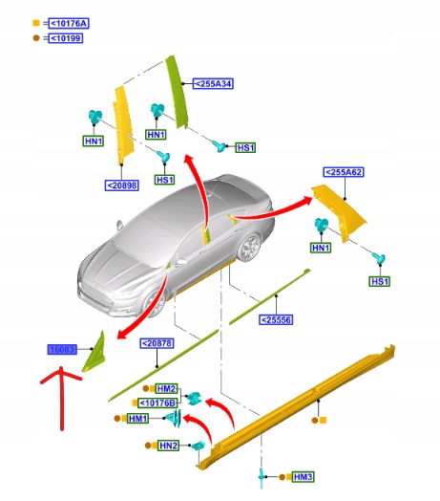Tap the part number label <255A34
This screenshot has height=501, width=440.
pyautogui.click(x=214, y=83)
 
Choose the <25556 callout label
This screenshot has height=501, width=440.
pyautogui.click(x=277, y=319)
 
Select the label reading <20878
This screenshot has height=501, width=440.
pyautogui.click(x=157, y=343)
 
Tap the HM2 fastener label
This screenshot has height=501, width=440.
pyautogui.click(x=166, y=388)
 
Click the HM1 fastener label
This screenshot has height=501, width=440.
pyautogui.click(x=137, y=419)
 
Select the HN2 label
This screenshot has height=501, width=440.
pyautogui.click(x=168, y=446)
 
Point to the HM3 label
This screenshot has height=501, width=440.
pyautogui.click(x=303, y=476)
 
